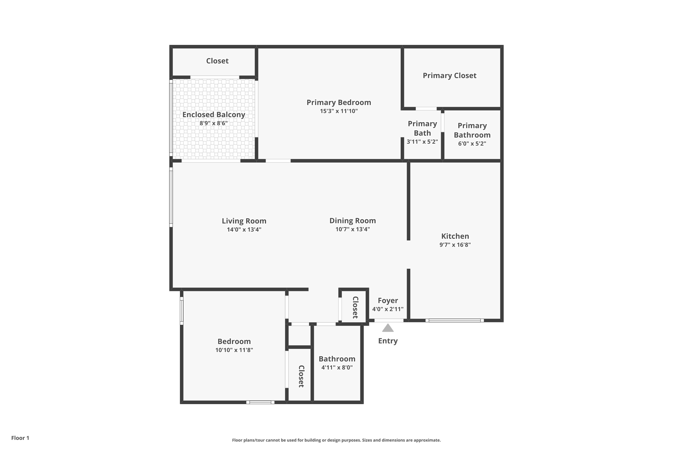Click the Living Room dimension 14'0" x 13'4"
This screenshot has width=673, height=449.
244,229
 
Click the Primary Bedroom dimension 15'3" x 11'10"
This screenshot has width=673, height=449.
339,111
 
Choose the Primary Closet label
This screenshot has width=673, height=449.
450,76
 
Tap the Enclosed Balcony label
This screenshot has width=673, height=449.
214,114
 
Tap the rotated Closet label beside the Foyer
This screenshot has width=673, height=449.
355,307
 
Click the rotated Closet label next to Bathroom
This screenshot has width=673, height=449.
301,376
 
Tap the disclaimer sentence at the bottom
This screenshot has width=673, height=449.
336,440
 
